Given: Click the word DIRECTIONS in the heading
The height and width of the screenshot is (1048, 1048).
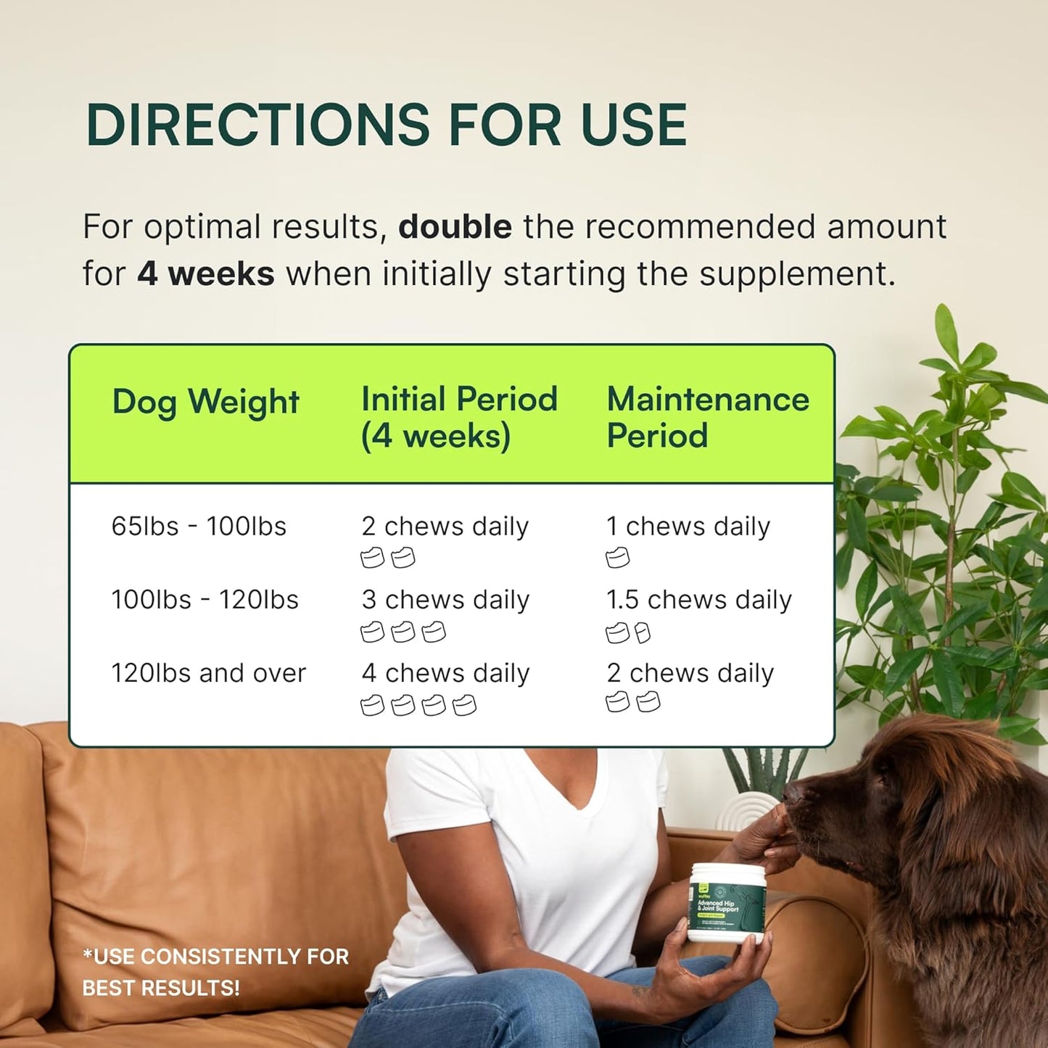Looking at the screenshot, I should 257,125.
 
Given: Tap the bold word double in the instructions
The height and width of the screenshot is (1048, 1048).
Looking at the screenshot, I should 455,226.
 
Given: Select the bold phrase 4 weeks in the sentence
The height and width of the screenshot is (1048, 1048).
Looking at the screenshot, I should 206,274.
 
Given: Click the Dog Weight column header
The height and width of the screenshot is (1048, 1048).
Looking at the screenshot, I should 205,402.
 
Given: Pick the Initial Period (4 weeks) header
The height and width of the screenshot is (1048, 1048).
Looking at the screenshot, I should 459,417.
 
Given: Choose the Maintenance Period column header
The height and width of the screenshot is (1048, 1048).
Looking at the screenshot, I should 707,417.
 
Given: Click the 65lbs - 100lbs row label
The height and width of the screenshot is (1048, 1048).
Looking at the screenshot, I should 199,526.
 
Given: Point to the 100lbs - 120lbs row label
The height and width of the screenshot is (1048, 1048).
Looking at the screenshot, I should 205,600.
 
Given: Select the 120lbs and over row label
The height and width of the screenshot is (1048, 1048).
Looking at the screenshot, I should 208,673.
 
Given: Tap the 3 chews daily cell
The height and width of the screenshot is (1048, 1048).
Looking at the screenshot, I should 445,600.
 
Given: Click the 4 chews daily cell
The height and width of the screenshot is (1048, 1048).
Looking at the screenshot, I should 445,673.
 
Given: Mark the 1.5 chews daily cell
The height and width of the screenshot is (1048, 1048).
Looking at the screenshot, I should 698,600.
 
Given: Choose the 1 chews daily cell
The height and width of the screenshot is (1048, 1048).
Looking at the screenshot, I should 688,526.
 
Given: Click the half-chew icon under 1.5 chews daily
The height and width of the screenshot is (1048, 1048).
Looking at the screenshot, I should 643,633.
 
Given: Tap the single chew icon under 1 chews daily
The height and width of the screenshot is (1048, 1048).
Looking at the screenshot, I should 618,558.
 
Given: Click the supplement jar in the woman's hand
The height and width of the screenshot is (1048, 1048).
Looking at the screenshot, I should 725,903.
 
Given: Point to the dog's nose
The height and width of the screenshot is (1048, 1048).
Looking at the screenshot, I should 793,794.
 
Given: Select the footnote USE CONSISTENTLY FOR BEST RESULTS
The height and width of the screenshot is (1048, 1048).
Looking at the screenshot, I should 215,972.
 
